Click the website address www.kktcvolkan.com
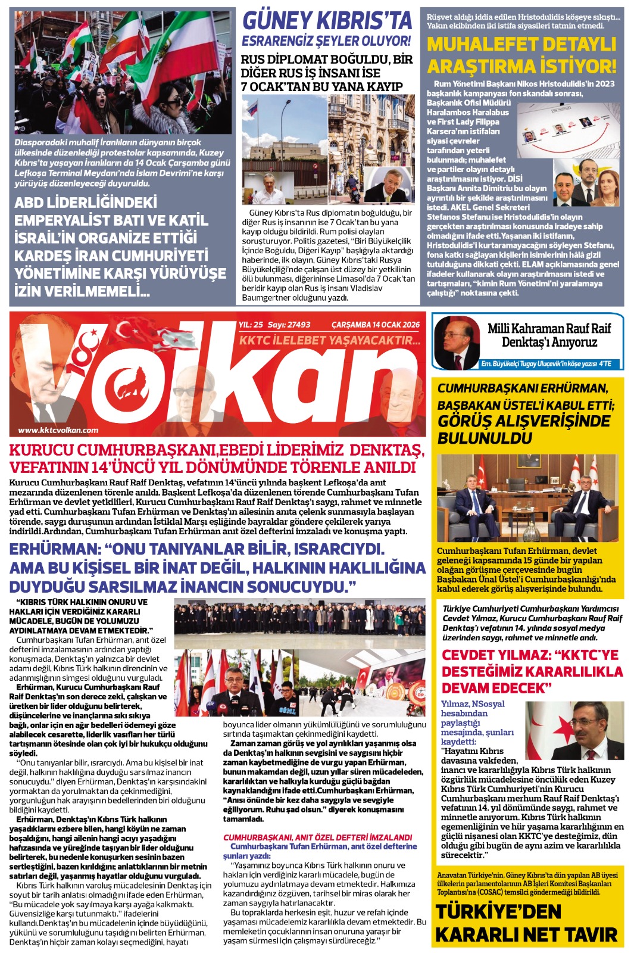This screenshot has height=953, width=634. (58, 430)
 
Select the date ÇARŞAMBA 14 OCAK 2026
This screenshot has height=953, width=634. (375, 325)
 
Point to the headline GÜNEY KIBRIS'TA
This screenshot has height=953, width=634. (327, 21)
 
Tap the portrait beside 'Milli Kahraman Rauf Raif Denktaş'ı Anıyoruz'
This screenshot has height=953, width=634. (457, 342)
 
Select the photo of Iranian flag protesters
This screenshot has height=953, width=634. (123, 71)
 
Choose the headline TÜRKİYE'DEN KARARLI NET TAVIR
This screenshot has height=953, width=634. (526, 923)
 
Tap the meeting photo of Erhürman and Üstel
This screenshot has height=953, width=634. (526, 498)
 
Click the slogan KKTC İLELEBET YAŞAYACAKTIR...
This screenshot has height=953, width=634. (330, 341)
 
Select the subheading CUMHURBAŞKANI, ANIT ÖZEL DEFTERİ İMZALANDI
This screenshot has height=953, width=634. (317, 837)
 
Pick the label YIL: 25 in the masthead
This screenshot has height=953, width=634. (251, 325)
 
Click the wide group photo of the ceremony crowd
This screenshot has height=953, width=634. (299, 618)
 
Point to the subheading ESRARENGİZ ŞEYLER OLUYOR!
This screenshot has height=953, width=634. (326, 41)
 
